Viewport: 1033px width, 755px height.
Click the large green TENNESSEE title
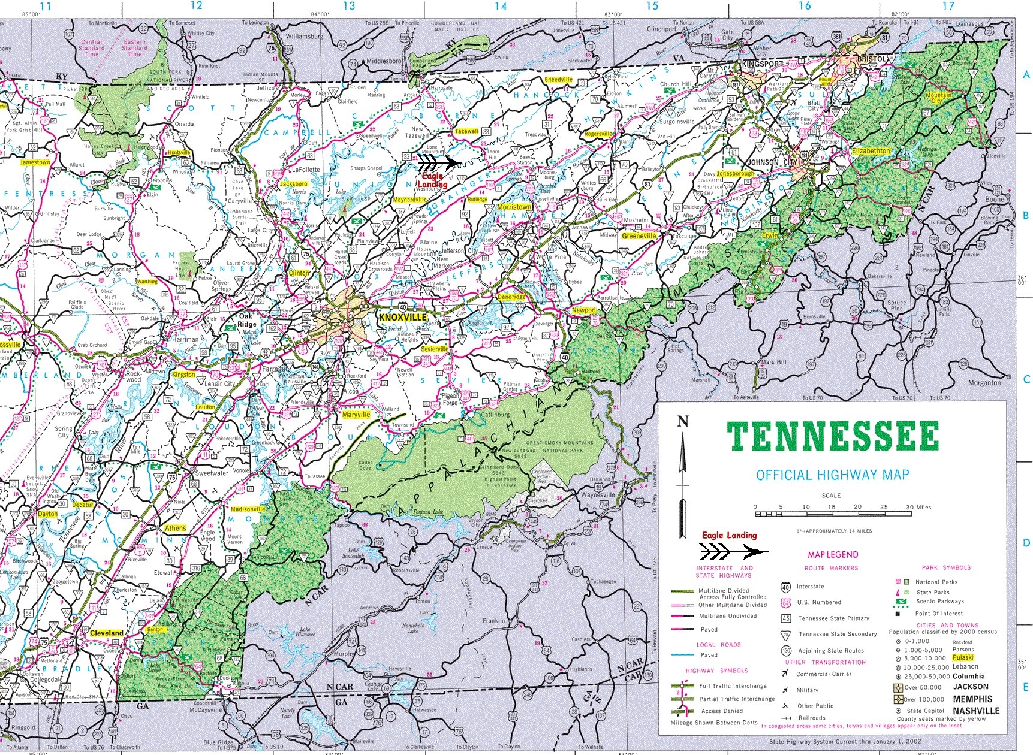[x=832, y=437]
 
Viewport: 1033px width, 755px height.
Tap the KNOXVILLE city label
[x=403, y=317]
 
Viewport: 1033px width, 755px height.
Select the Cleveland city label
[x=106, y=633]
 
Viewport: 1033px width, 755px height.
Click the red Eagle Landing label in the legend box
[x=729, y=535]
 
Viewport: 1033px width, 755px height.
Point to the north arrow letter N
[x=682, y=422]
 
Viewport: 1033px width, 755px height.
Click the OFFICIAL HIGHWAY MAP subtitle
[x=832, y=476]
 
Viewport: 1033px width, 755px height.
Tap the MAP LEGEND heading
[x=833, y=555]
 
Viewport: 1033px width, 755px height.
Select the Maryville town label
[x=356, y=415]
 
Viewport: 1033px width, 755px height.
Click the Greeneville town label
[x=639, y=236]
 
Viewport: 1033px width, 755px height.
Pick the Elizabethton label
[x=871, y=151]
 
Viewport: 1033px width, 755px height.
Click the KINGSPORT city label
[x=762, y=64]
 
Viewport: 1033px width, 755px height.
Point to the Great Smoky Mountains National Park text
[x=559, y=446]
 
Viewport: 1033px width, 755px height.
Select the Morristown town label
[x=514, y=207]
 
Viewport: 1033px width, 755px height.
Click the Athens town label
[x=176, y=528]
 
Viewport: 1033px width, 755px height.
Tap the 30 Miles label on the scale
[x=918, y=507]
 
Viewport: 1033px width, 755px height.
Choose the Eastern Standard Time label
[x=135, y=48]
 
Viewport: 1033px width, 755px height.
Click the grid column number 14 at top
[x=501, y=6]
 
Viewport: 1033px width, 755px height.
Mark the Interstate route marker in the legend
[x=785, y=587]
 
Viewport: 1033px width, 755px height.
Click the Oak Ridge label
[x=246, y=320]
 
